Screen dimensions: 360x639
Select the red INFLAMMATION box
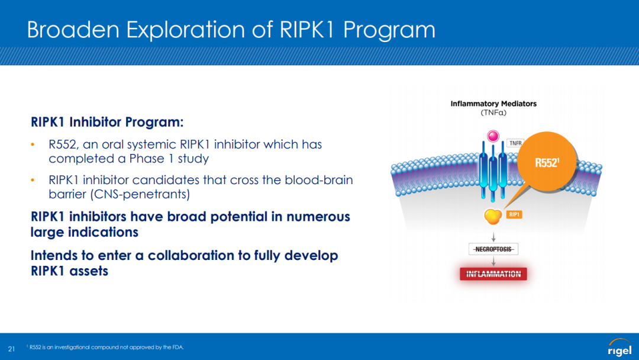coord(493,274)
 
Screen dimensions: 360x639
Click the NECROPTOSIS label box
coord(493,249)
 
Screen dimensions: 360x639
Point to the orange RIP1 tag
coord(514,214)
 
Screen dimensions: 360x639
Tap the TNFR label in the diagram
coord(515,143)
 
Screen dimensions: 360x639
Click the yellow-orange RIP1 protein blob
coord(492,217)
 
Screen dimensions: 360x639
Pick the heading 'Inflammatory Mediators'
coord(493,104)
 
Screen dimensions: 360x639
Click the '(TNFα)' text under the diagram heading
coord(493,112)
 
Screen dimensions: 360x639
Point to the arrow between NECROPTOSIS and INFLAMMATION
coord(493,261)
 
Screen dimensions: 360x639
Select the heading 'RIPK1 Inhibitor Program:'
coord(107,122)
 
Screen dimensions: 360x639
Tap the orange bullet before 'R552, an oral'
coord(34,144)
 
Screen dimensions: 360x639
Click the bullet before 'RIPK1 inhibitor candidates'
coord(34,180)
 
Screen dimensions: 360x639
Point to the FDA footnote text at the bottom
coord(106,348)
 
